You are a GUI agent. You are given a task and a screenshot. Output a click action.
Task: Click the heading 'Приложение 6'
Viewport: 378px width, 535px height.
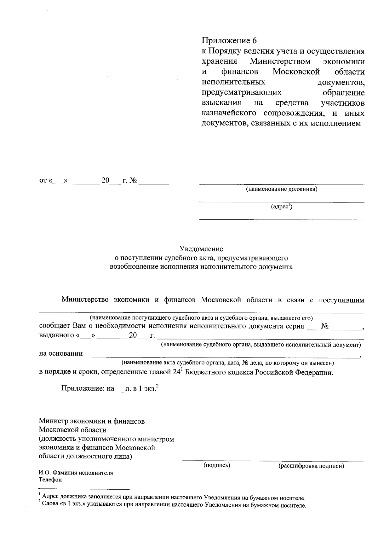click(229, 41)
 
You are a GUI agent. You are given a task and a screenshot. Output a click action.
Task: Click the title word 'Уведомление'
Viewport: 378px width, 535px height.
click(201, 249)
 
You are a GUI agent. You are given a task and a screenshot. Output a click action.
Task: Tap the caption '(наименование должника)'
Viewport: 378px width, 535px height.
click(281, 189)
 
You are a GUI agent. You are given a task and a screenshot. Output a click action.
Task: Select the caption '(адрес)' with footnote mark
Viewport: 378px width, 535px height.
click(282, 207)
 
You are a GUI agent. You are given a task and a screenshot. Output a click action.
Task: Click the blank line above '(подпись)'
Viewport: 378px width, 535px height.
click(217, 461)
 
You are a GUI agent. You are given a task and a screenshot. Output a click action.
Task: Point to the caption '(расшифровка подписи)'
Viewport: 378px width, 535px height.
click(311, 466)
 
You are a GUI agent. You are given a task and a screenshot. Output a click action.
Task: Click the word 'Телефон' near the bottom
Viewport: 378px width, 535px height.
click(50, 480)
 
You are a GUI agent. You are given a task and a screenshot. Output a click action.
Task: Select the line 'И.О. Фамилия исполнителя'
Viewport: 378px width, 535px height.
click(76, 473)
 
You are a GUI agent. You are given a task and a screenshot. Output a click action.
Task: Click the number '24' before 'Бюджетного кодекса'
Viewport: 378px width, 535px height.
click(176, 372)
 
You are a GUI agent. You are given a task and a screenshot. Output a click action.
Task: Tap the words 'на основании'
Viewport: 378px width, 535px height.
click(61, 353)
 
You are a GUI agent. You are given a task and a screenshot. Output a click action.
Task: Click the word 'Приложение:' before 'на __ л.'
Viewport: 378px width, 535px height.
click(83, 389)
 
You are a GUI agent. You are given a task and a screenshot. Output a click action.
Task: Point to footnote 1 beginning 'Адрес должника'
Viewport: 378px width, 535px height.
click(173, 498)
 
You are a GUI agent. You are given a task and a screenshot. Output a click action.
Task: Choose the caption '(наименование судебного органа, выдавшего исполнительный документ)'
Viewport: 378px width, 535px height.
click(261, 345)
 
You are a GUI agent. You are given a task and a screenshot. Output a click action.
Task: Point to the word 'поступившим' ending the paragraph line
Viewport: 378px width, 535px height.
click(341, 300)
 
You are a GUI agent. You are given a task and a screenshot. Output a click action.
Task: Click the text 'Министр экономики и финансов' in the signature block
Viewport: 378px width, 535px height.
click(92, 421)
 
